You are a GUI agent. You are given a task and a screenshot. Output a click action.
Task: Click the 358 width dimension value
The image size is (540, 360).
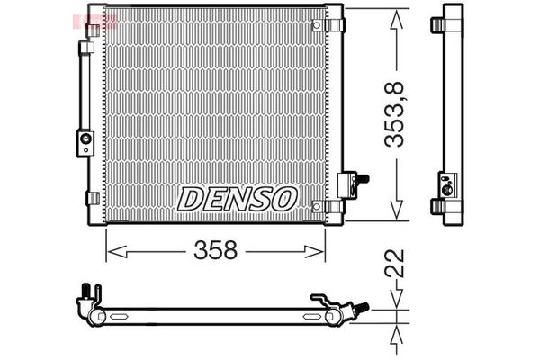[217, 251]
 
